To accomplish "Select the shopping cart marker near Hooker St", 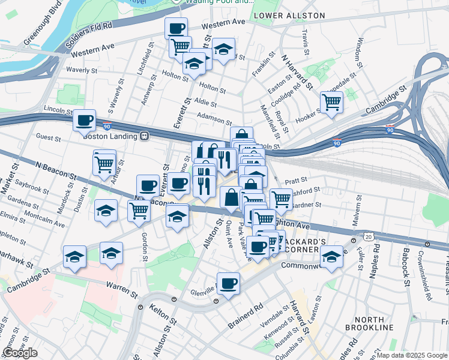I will [331, 103].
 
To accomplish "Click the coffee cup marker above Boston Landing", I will [85, 120].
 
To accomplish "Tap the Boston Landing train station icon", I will [144, 136].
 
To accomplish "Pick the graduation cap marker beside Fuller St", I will [331, 256].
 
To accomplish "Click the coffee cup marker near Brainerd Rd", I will [228, 283].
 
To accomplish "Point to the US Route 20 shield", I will [369, 237].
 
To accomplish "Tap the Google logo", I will [20, 353].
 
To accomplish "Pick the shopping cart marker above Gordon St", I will [139, 211].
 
